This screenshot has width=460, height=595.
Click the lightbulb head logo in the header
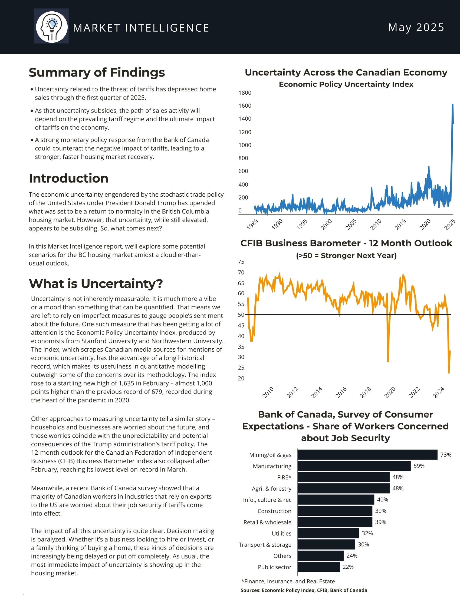pyautogui.click(x=51, y=27)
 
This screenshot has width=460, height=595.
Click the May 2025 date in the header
pyautogui.click(x=416, y=28)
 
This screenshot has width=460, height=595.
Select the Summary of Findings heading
pyautogui.click(x=97, y=72)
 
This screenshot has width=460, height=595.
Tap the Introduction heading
pyautogui.click(x=69, y=178)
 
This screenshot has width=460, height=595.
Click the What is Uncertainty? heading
pyautogui.click(x=96, y=284)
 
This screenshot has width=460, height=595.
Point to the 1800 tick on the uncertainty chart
pyautogui.click(x=245, y=93)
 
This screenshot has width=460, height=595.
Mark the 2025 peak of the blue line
pyautogui.click(x=453, y=105)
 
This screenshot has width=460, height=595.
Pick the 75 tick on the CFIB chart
pyautogui.click(x=241, y=262)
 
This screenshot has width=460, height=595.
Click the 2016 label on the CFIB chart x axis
pyautogui.click(x=341, y=392)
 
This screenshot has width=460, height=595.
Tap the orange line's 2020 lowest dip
pyautogui.click(x=388, y=361)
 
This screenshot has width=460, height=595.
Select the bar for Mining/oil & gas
pyautogui.click(x=367, y=455)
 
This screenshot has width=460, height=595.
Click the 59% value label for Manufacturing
pyautogui.click(x=419, y=466)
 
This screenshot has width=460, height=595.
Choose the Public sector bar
pyautogui.click(x=318, y=567)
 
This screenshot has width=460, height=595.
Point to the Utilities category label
pyautogui.click(x=281, y=533)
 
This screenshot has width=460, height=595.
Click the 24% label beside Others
pyautogui.click(x=352, y=556)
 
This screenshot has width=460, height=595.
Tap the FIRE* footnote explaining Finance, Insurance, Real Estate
pyautogui.click(x=288, y=581)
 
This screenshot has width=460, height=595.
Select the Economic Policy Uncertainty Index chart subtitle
pyautogui.click(x=346, y=84)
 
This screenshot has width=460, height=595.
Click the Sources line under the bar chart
pyautogui.click(x=304, y=590)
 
